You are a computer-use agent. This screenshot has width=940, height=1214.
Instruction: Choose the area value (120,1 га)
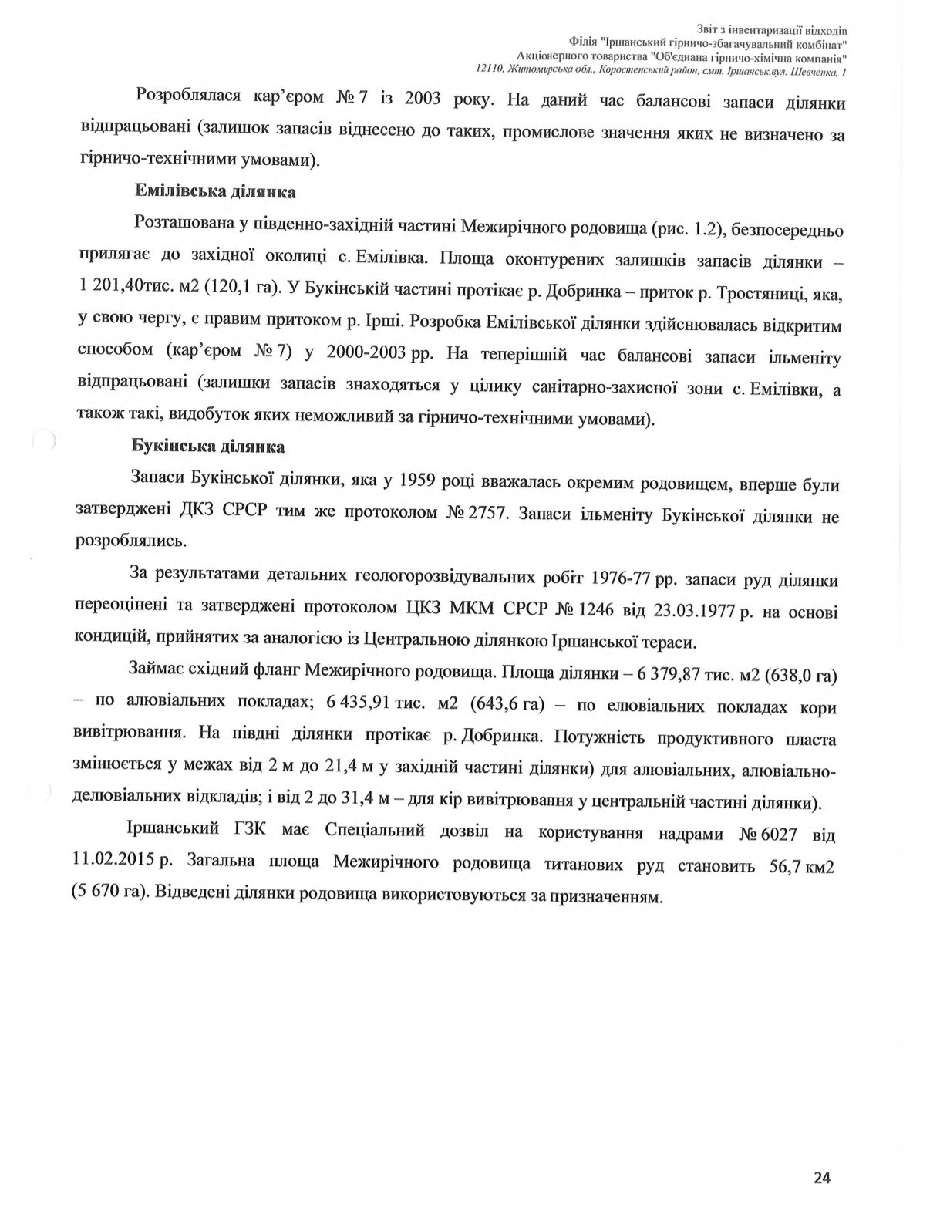pyautogui.click(x=239, y=288)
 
